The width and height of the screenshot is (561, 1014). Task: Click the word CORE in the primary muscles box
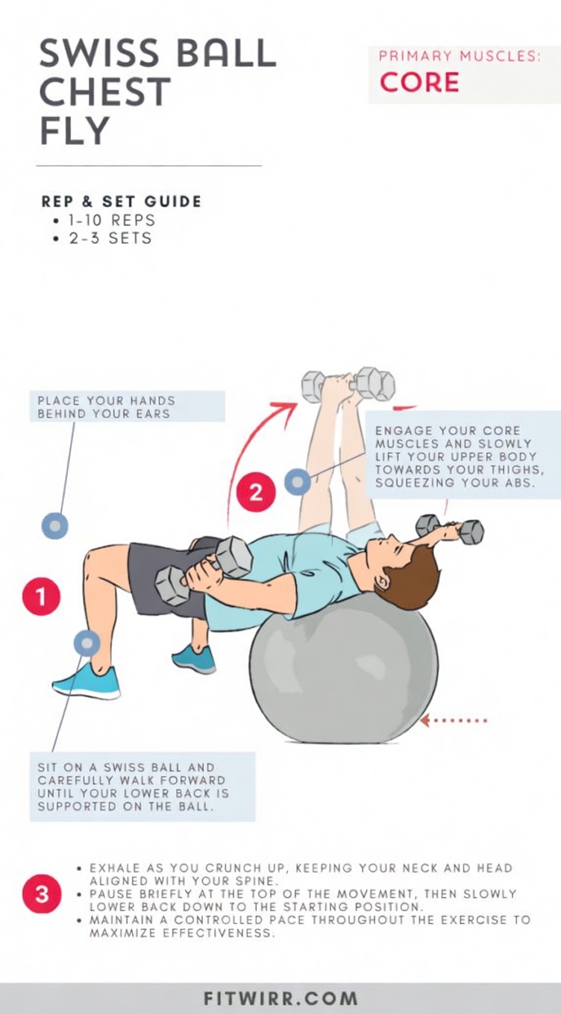pos(419,82)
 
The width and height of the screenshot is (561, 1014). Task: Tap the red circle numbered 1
pos(41,596)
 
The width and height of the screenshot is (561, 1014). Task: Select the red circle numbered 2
pos(255,493)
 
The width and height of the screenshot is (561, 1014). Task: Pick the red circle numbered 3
pos(41,894)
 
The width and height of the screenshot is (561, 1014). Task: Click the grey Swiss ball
pos(343,671)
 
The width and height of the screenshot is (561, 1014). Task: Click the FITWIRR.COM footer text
pos(280,998)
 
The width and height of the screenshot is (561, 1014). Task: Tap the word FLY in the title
pos(75,131)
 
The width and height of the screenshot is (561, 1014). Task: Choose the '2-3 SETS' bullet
pos(106,239)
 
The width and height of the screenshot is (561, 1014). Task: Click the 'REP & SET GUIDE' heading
pos(122,201)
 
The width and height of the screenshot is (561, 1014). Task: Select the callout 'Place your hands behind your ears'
pos(127,406)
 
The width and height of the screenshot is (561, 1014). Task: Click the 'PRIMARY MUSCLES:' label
pos(460,56)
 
